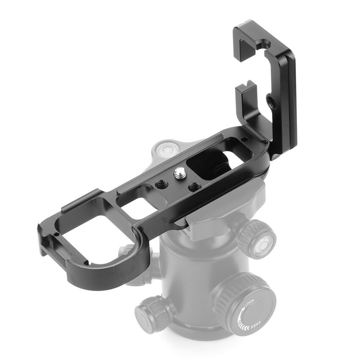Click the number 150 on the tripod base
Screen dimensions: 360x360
pyautogui.click(x=187, y=325)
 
